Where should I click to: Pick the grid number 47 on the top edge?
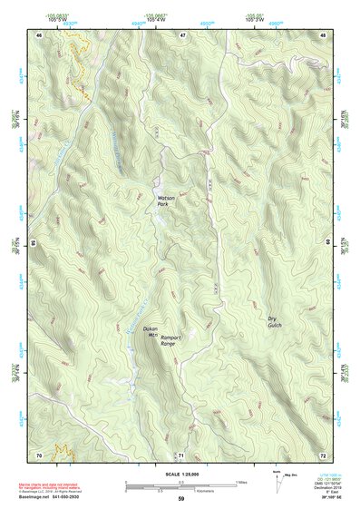tap(181, 34)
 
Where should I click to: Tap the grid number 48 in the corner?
tap(323, 34)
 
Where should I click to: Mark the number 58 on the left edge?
tap(33, 243)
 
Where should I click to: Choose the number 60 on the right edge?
tap(328, 243)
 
